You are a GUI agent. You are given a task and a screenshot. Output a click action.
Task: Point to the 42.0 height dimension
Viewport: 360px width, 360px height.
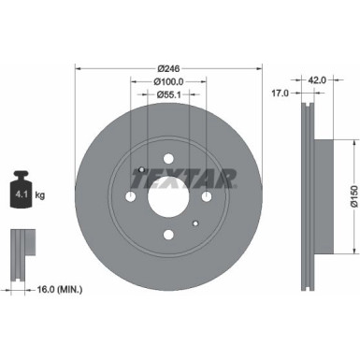316,80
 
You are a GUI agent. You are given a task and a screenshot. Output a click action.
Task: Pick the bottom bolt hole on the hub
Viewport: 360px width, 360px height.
168,235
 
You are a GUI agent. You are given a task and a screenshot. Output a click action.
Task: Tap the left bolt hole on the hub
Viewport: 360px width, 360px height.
130,196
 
